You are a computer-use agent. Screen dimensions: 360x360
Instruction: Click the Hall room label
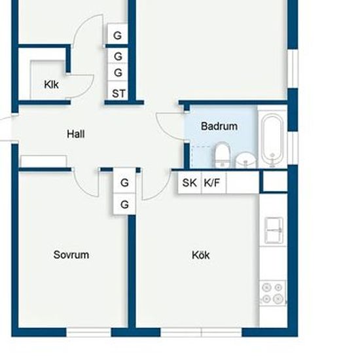pos(76,134)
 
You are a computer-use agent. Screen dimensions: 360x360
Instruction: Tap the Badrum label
pos(219,126)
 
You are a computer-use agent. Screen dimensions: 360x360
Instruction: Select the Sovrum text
pos(71,255)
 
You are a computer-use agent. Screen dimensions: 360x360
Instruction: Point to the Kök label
pos(201,255)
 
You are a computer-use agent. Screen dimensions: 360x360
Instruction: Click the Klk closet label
pos(51,84)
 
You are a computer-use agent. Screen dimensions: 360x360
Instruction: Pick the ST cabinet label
pos(118,94)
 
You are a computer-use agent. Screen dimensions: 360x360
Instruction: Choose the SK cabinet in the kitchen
pos(189,183)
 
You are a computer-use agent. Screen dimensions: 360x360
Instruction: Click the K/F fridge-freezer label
pos(211,183)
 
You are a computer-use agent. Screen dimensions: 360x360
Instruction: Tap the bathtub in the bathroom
pos(272,140)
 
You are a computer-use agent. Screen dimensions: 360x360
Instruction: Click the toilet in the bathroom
pos(223,154)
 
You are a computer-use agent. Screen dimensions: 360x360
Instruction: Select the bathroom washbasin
pos(246,160)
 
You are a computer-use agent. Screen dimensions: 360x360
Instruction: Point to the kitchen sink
pos(274,230)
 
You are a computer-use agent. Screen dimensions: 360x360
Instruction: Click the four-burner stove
pos(272,293)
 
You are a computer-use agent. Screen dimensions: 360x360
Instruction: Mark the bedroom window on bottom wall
pos(88,333)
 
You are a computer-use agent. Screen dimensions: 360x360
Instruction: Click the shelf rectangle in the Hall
pos(44,162)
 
